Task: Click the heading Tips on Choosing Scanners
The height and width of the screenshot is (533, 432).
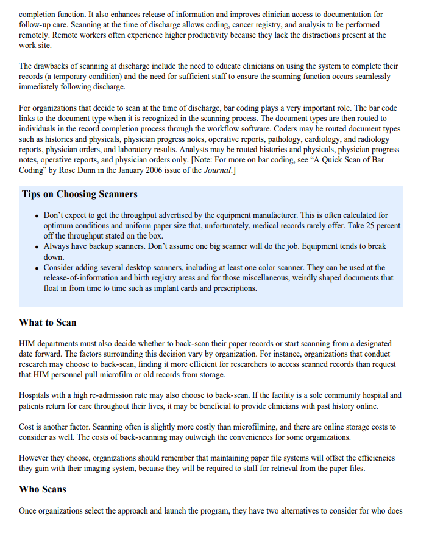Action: (x=79, y=195)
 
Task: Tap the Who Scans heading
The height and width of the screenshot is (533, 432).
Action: (x=43, y=489)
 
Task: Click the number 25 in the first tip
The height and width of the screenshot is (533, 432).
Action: (x=372, y=225)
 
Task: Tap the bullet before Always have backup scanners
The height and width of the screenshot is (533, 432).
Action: (x=37, y=247)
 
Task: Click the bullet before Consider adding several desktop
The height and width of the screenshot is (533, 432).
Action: (x=37, y=268)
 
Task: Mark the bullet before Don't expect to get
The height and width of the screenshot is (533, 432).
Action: (x=37, y=216)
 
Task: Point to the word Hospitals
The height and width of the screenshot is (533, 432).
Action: (x=36, y=395)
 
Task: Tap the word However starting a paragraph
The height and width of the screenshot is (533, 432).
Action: (x=36, y=458)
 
